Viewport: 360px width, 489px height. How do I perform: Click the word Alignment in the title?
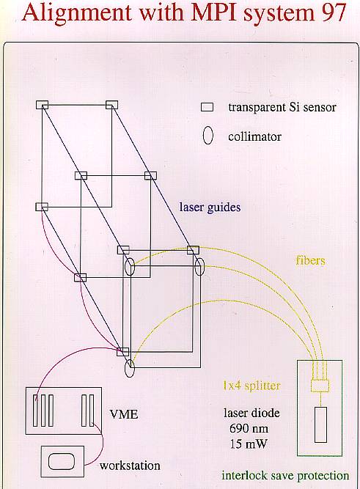pos(77,14)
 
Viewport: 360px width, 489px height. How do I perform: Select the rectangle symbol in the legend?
pos(207,107)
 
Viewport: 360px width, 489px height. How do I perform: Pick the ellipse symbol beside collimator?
pos(207,136)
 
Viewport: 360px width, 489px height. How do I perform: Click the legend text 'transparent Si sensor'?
pos(282,108)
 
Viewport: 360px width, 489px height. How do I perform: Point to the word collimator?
pos(254,136)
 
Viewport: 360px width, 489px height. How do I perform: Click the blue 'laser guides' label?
pos(210,207)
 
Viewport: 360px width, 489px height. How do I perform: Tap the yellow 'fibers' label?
pos(310,260)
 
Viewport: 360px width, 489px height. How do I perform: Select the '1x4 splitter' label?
pos(251,386)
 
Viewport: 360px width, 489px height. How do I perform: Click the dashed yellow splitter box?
pos(320,386)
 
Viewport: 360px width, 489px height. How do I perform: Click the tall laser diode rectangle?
pos(320,424)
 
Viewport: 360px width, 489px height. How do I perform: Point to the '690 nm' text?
pos(249,428)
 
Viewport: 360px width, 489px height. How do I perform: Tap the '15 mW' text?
pos(249,444)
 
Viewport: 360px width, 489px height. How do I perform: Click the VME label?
pos(124,414)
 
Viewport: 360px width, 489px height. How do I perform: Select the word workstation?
pos(130,466)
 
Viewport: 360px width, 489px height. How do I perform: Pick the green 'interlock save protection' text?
pos(285,476)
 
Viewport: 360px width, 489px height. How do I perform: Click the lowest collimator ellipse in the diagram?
pos(130,368)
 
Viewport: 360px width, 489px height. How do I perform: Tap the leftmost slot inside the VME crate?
pos(36,411)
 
